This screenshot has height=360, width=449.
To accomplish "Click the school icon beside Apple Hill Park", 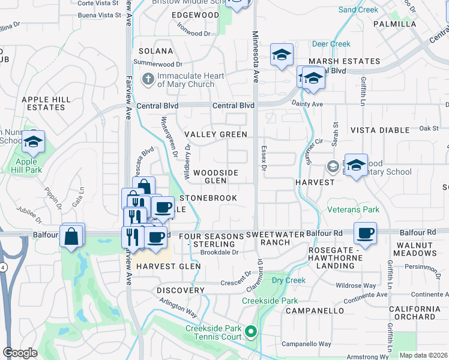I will [34, 142].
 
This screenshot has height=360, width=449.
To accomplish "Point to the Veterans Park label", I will [353, 210].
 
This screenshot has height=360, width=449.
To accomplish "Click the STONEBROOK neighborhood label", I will [208, 198].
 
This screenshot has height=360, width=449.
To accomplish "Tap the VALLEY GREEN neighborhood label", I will [215, 134].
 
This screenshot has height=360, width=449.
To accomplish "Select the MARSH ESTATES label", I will [345, 61].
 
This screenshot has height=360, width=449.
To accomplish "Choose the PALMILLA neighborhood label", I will [394, 24].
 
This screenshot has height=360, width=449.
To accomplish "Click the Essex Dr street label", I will [264, 157].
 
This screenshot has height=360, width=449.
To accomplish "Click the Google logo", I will [20, 352].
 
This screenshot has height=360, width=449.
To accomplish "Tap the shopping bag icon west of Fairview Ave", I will [71, 235].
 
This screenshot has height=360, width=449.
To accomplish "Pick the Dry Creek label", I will [288, 280].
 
